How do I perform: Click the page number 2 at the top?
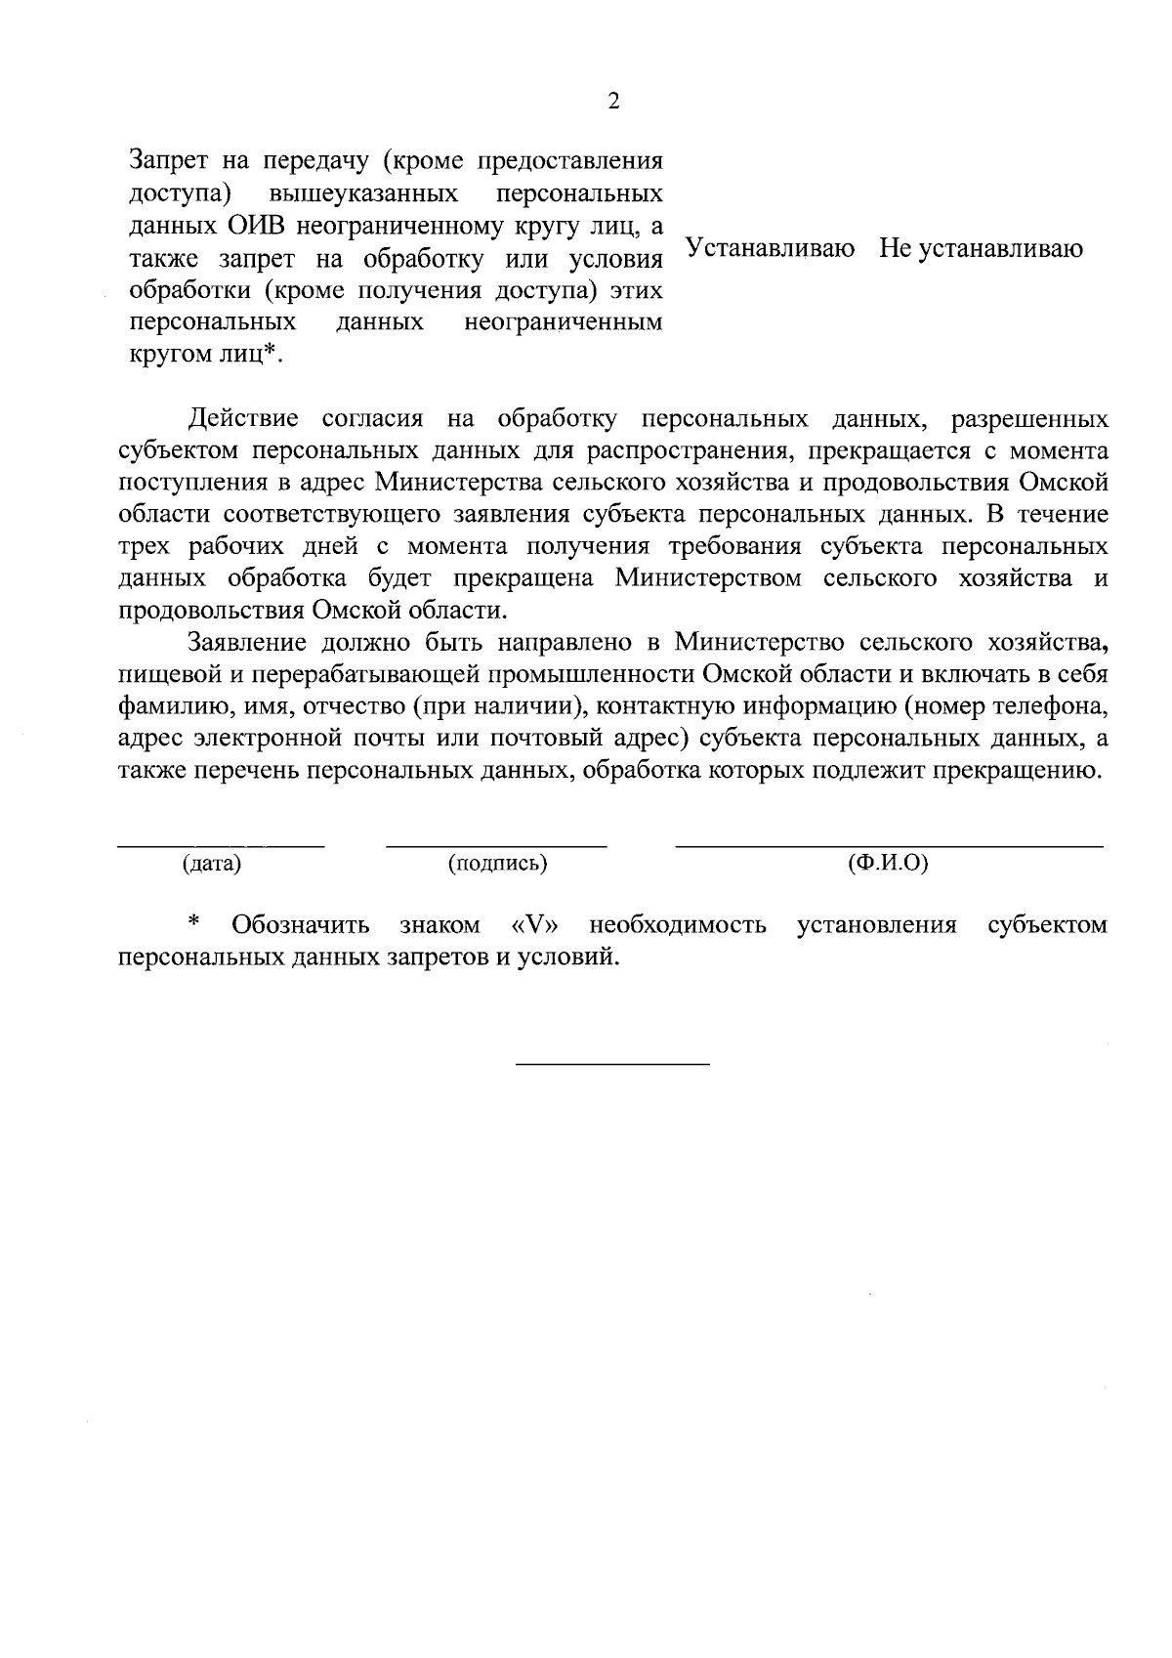(613, 102)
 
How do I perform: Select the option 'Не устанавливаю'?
(981, 249)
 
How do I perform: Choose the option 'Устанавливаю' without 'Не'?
(770, 249)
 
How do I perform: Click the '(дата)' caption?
(211, 864)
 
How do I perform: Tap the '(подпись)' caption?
(496, 864)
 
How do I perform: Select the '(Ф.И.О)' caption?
(888, 864)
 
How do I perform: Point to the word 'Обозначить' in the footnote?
(301, 924)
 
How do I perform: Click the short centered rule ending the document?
(612, 1063)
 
